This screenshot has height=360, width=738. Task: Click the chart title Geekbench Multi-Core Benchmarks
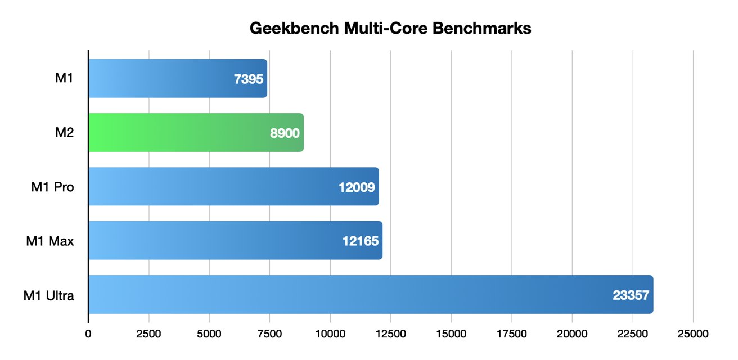(x=390, y=29)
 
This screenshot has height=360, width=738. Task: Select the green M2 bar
(x=196, y=133)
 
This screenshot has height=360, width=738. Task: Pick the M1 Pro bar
(x=233, y=187)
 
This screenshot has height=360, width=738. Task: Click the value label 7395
(x=249, y=79)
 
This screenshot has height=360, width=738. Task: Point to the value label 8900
(x=285, y=133)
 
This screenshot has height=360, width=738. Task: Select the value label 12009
(x=357, y=187)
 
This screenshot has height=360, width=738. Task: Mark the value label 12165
(x=360, y=241)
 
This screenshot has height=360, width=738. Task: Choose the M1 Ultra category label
(x=48, y=295)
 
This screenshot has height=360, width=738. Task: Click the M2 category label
(x=64, y=133)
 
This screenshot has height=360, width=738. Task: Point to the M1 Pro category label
(x=52, y=187)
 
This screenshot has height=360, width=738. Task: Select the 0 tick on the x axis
(x=88, y=334)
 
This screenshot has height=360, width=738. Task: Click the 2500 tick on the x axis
(x=149, y=334)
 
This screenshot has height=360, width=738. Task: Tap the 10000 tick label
(x=330, y=334)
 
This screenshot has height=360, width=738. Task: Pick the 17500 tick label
(x=512, y=334)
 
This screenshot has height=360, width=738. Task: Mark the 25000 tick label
(x=693, y=334)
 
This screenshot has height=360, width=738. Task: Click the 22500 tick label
(x=633, y=334)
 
